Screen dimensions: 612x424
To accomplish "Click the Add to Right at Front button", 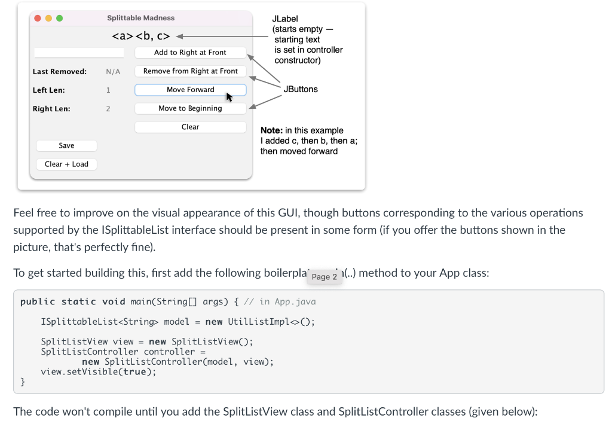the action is (x=190, y=53).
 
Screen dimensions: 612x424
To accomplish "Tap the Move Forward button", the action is (x=190, y=90).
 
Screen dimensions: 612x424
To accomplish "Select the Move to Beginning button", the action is (x=190, y=108).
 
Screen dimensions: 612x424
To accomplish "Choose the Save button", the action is (x=66, y=145).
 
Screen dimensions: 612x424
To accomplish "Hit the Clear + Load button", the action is (x=66, y=164).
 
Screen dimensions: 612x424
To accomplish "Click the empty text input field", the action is (x=79, y=53).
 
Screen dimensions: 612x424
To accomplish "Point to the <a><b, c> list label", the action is (x=141, y=36).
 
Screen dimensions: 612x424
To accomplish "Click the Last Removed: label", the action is (x=60, y=72).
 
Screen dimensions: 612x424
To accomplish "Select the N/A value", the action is (x=113, y=72).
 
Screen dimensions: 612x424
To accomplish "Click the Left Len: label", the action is (x=49, y=90).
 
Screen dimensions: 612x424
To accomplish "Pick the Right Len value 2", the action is (x=108, y=109).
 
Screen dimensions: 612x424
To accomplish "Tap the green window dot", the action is (x=59, y=19).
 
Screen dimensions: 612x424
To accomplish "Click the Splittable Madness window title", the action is (x=141, y=18).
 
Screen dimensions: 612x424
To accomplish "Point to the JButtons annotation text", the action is (x=301, y=89).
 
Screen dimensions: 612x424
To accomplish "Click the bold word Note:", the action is (x=272, y=130).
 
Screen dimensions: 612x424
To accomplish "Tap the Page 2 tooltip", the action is (x=325, y=277).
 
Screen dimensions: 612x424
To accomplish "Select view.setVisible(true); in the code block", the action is (x=99, y=371).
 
